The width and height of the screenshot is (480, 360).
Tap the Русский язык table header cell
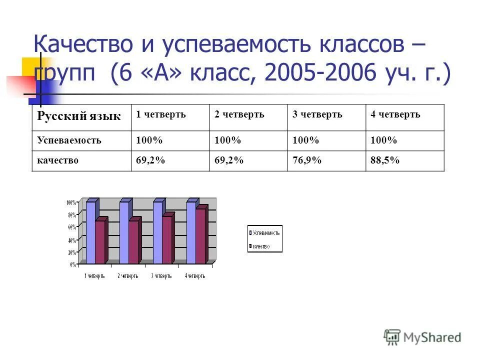(79, 116)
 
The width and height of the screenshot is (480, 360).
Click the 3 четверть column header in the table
(317, 115)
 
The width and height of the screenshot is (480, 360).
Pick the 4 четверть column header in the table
(395, 115)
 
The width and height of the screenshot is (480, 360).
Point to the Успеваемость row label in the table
(69, 140)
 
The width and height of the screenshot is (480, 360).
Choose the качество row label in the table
(58, 160)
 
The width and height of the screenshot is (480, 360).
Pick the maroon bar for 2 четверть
(133, 241)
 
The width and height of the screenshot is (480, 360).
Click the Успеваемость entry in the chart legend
(266, 232)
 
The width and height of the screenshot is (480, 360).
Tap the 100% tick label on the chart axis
(71, 203)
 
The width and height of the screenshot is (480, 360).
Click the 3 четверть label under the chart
(161, 276)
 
